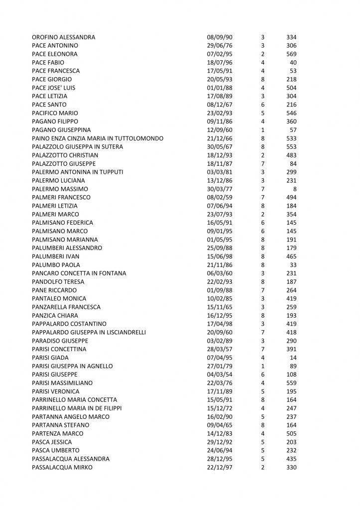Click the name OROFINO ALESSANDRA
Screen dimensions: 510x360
tap(63, 37)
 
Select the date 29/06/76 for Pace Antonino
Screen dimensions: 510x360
tap(220, 45)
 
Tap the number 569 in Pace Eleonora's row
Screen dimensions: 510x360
tap(291, 54)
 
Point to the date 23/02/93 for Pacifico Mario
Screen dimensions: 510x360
tap(220, 113)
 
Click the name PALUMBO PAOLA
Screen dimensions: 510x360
tap(56, 265)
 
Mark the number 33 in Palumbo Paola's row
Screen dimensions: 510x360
tap(293, 265)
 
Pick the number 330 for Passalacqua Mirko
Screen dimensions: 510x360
tap(291, 468)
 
